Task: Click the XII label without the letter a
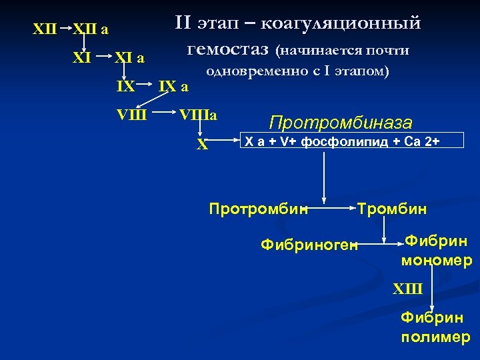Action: (45, 30)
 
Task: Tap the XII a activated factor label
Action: (90, 30)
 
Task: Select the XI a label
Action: (129, 59)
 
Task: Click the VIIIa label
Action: (198, 115)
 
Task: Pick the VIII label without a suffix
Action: (131, 115)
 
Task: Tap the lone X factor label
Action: (202, 144)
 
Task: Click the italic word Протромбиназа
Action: (341, 123)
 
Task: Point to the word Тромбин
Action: (392, 209)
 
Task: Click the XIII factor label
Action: (408, 289)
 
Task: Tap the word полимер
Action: (435, 337)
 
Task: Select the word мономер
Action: (437, 260)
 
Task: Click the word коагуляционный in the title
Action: (340, 24)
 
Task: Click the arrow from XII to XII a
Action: (65, 29)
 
